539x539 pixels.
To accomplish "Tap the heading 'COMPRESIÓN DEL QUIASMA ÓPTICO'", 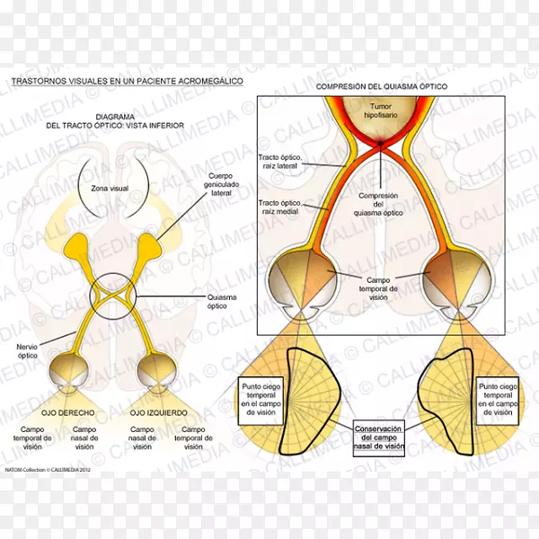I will (380, 86).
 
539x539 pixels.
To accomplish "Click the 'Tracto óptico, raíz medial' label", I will (282, 208).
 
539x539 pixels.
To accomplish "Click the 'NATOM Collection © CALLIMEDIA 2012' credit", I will (47, 469).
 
